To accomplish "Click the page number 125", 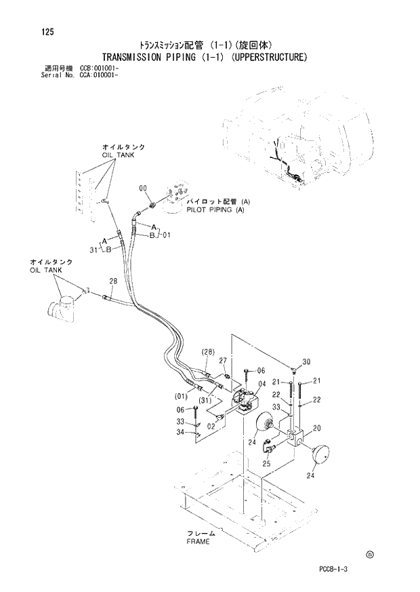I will tap(47, 32).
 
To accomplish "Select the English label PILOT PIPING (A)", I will tap(215, 210).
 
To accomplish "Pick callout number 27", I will tap(222, 361).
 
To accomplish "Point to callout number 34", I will tap(181, 432).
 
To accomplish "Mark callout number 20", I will tap(316, 427).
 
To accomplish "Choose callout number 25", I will tap(266, 464).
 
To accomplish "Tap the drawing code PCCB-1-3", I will tap(335, 568).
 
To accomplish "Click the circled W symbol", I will tap(369, 554).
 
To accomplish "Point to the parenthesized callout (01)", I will tap(182, 395).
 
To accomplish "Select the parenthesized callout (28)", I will tap(208, 351).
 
